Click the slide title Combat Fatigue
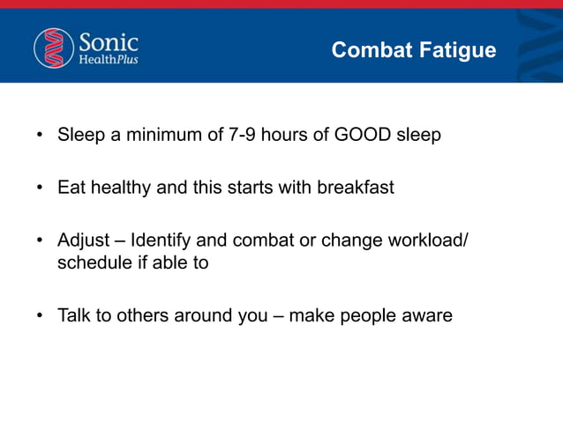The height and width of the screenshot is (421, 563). pos(413,50)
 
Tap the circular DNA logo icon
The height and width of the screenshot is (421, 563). pos(54,48)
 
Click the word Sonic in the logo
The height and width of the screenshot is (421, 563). pos(109,41)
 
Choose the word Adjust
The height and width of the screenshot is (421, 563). pos(83,240)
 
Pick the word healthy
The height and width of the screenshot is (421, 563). pos(117,188)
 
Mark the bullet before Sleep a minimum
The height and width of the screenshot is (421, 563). pos(39,137)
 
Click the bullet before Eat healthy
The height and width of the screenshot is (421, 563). pos(39,188)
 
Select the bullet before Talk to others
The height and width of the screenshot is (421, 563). pos(39,315)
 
